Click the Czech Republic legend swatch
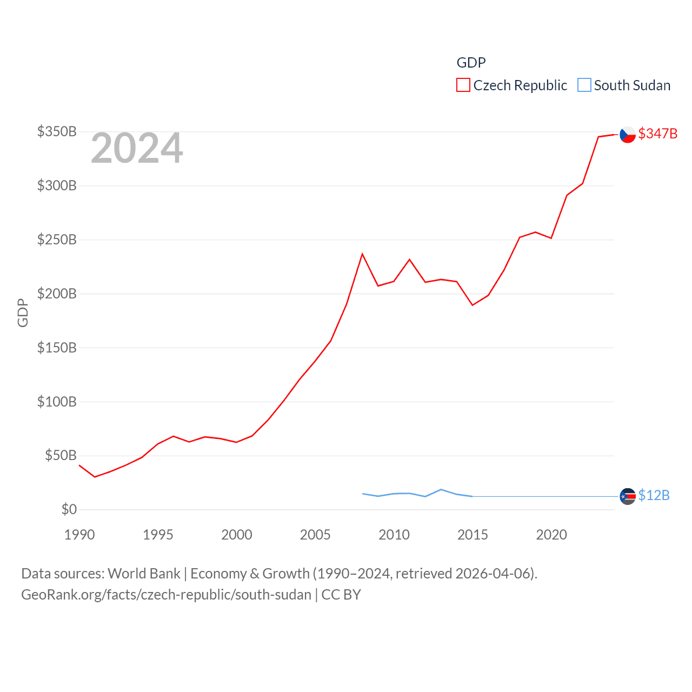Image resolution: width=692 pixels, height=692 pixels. [463, 85]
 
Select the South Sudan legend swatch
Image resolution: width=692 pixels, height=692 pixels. [584, 85]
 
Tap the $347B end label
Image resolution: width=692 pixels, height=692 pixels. [657, 134]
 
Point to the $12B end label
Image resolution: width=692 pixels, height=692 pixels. [654, 495]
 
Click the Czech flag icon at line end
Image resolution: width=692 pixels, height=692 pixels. [627, 135]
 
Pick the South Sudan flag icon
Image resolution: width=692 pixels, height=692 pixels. [627, 496]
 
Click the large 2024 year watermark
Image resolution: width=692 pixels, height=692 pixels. [137, 148]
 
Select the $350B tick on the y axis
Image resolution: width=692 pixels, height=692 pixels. [57, 132]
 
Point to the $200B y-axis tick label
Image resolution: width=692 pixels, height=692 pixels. [57, 294]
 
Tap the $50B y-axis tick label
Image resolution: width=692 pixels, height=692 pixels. [61, 456]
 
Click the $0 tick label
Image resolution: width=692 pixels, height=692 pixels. [69, 509]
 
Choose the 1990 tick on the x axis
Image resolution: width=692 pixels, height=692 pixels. [79, 535]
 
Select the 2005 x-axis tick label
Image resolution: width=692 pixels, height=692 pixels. [315, 535]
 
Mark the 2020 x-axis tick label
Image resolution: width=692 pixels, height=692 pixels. [551, 535]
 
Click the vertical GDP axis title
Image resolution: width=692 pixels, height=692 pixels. [23, 312]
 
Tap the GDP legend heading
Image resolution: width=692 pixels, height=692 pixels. [471, 63]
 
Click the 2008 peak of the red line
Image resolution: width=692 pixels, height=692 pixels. [362, 254]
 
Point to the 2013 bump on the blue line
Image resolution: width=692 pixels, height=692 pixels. [441, 489]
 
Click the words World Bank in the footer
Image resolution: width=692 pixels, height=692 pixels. [144, 573]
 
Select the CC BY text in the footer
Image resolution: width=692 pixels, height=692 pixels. [341, 595]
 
